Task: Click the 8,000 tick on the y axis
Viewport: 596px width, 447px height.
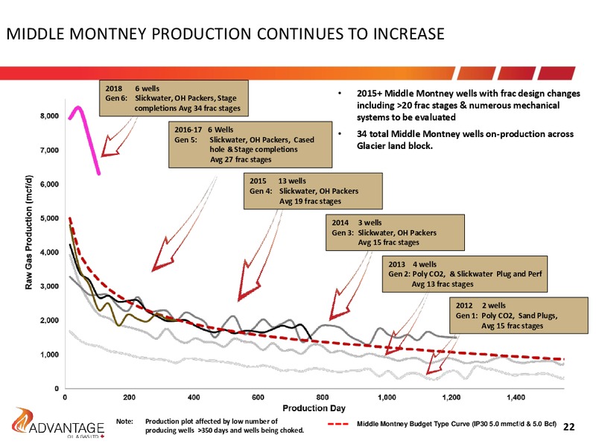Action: (50, 116)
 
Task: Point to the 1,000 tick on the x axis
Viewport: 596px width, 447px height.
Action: (387, 398)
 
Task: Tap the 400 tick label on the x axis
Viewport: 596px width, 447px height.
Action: (194, 398)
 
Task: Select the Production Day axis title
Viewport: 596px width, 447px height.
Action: (314, 408)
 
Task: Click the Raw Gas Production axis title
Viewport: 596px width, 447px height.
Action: (29, 232)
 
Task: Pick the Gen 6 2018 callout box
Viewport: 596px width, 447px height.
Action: (174, 98)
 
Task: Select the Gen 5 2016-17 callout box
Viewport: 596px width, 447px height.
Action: (250, 145)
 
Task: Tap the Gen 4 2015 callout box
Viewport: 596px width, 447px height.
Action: (313, 191)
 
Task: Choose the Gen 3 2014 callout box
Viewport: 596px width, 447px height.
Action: (395, 232)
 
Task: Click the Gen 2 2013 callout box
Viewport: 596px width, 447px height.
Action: (465, 273)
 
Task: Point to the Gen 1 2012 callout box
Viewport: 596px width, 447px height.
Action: (519, 315)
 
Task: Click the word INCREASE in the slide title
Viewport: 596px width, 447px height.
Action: (408, 34)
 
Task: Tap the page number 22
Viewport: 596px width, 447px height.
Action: (568, 427)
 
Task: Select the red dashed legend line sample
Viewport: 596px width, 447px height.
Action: (338, 424)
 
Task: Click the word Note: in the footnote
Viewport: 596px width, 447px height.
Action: (124, 422)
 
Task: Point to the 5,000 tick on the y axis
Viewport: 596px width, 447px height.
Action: (50, 218)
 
